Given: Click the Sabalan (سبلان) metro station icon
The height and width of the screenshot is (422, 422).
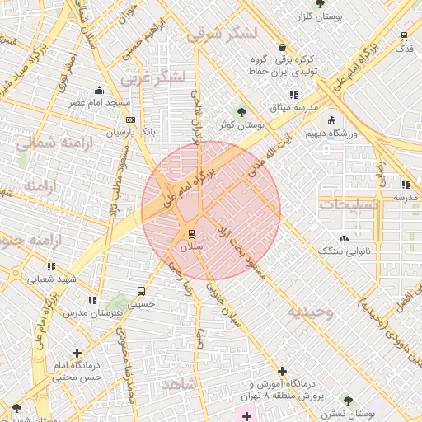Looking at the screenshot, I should [191, 234].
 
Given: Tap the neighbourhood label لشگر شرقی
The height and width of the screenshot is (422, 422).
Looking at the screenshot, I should [223, 34].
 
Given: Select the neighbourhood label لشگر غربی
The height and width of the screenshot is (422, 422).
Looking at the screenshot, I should [153, 78].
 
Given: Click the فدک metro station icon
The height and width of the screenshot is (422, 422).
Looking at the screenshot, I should [404, 36].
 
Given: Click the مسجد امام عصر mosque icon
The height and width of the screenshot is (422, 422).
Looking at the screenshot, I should [100, 90].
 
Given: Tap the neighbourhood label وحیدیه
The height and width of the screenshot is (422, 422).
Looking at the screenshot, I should [310, 312].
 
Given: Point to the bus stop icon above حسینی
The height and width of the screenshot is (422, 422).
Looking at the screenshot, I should [141, 291].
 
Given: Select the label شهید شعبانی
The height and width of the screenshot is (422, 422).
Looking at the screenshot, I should [49, 279].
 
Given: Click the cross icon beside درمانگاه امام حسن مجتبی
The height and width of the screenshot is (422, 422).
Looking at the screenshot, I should [77, 354].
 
